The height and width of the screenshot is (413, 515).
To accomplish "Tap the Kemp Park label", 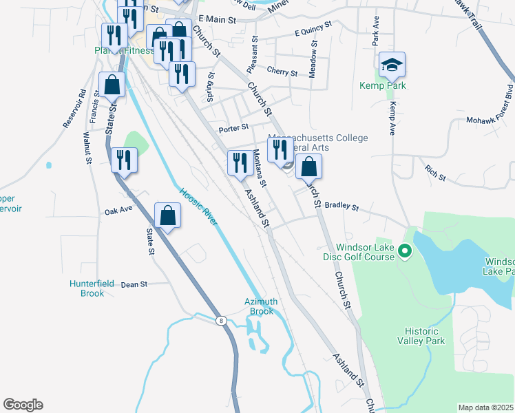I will (382, 86).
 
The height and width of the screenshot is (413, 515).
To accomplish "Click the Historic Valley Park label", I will (421, 336).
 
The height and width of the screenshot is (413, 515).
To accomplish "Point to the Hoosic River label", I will (198, 206).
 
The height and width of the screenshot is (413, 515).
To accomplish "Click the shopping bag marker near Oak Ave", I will (167, 216).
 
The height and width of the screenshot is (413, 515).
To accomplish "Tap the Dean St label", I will (134, 284).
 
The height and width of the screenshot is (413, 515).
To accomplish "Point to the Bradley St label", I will (342, 206).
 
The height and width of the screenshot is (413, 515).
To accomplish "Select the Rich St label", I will (436, 173).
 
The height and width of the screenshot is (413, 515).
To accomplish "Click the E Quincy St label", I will (313, 28).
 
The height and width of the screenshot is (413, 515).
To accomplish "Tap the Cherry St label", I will (282, 72).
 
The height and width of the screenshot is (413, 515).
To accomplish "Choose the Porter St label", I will (233, 127).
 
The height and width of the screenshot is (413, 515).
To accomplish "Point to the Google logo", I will (23, 405).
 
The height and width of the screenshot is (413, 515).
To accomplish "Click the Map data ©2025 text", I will (485, 407).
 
